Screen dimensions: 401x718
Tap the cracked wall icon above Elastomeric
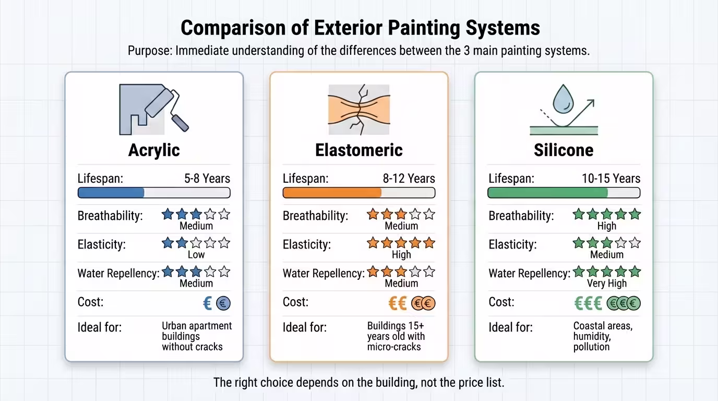tap(358, 109)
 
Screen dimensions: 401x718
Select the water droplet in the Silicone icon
tap(563, 100)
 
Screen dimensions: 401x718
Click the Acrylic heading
tap(154, 150)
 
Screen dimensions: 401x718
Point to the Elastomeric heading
tap(358, 150)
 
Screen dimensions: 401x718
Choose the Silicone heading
tap(564, 150)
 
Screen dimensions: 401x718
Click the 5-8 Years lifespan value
tap(207, 179)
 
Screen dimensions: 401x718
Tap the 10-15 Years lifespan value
tap(611, 179)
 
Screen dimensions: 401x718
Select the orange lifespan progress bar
tap(332, 193)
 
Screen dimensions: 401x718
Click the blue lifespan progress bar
tap(111, 193)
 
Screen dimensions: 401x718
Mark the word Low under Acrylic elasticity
tap(196, 255)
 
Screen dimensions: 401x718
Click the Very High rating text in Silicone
tap(606, 284)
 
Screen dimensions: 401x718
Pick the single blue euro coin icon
tap(223, 303)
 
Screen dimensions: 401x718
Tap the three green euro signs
tap(588, 303)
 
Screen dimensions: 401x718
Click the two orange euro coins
tap(423, 303)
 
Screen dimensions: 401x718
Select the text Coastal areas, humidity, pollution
tap(602, 336)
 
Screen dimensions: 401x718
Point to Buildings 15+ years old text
tap(396, 336)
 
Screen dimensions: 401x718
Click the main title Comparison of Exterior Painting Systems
tap(360, 28)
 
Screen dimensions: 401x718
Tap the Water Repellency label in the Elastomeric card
tap(323, 273)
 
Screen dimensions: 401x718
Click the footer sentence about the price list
tap(358, 382)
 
